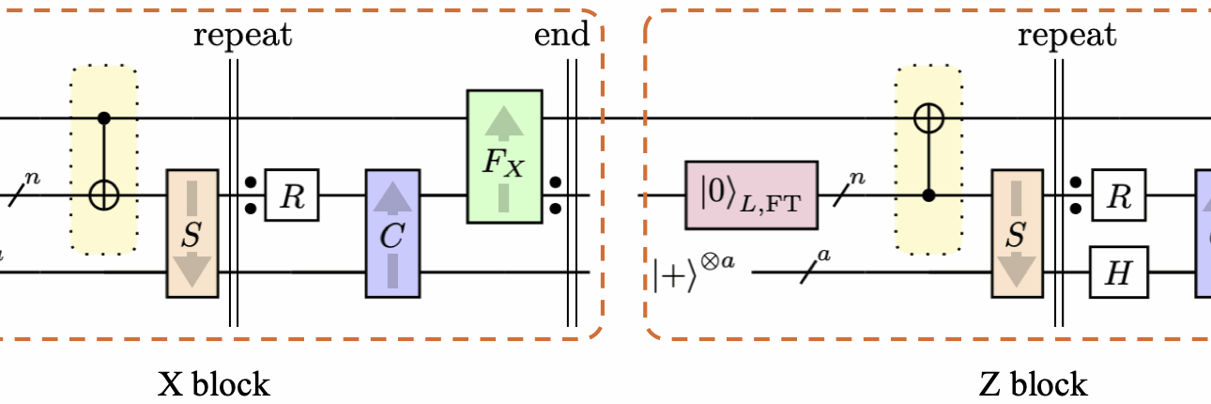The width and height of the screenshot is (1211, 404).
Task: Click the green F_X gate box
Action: coord(504,156)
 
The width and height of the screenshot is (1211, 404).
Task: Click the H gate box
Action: coord(1113,273)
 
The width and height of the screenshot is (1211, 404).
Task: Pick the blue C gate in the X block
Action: coord(393,234)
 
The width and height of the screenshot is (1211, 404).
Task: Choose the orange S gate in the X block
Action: coord(192,234)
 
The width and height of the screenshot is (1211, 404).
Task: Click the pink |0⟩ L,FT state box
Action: coord(751,195)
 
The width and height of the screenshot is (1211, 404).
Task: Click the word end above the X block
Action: coord(560,36)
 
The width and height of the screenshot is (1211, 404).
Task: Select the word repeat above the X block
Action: coord(242,36)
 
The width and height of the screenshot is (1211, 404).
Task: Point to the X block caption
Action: coord(213,383)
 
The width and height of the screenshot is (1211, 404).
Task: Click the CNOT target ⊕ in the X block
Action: coord(104,195)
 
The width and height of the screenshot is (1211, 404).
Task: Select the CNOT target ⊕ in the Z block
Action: coord(929,118)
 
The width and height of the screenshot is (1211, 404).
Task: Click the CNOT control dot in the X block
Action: coord(104,118)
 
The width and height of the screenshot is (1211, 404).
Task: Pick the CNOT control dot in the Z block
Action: coord(929,195)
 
